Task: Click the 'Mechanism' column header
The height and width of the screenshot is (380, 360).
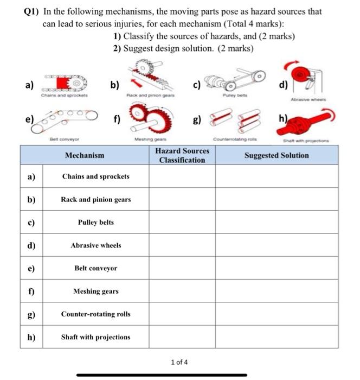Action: coord(84,155)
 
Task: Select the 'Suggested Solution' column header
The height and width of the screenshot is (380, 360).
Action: coord(277,155)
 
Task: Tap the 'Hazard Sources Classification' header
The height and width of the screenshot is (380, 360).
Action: coord(182,155)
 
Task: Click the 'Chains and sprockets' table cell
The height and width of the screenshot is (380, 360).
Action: coord(95,176)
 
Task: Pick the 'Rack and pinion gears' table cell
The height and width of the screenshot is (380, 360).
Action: coord(95,199)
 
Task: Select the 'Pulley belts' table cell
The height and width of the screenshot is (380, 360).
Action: coord(95,223)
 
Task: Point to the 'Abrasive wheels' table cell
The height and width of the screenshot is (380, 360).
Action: coord(95,245)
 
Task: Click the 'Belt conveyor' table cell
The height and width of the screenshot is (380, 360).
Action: coord(95,268)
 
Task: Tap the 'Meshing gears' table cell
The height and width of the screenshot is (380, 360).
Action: coord(95,292)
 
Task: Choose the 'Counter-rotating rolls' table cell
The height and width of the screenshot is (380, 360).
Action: coord(95,314)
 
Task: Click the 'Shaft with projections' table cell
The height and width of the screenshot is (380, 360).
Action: coord(95,337)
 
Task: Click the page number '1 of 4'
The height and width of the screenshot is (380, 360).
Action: coord(179,362)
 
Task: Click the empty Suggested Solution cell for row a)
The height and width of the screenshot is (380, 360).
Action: coord(277,176)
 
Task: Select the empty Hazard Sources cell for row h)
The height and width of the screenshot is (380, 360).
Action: coord(182,337)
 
